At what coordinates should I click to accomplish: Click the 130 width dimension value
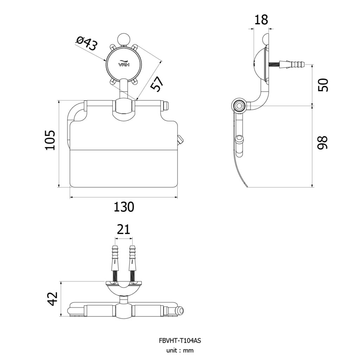click(124, 207)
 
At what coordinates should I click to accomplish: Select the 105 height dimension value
click(50, 140)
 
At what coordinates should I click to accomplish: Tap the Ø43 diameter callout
click(86, 44)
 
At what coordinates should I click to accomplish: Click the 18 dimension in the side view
click(261, 20)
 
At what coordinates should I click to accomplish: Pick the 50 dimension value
click(323, 85)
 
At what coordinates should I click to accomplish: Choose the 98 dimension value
click(323, 143)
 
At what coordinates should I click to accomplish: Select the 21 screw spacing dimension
click(123, 229)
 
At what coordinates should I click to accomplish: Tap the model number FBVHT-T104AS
click(180, 340)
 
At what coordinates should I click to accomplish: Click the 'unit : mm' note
click(180, 351)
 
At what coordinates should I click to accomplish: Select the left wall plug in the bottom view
click(115, 258)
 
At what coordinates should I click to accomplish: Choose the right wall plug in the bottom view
click(133, 258)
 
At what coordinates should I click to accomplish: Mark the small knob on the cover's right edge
click(181, 140)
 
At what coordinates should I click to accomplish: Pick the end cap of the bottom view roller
click(179, 311)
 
